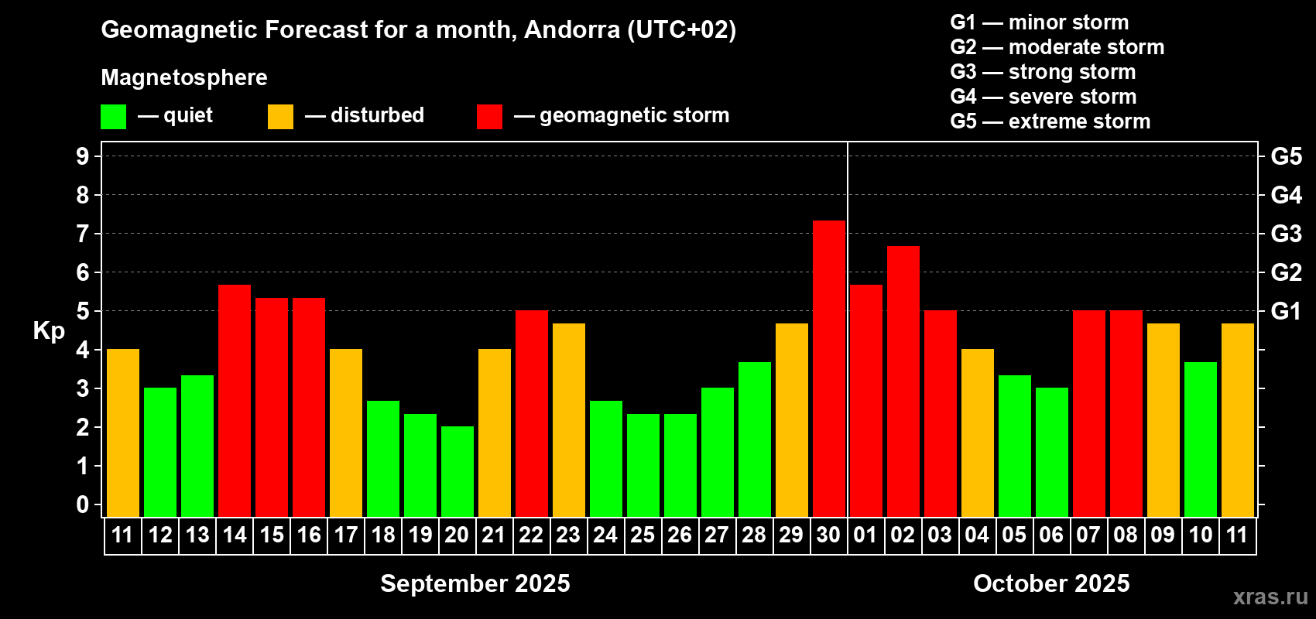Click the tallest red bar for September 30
[x=829, y=369]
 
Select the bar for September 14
[x=235, y=401]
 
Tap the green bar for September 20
[x=458, y=471]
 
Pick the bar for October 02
[x=903, y=381]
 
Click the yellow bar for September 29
[x=792, y=420]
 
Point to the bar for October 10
[x=1201, y=440]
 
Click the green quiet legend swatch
[x=113, y=116]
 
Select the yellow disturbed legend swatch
[x=281, y=116]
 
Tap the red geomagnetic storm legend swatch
[x=490, y=116]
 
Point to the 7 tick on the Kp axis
[x=82, y=234]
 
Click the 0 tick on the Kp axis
[x=82, y=504]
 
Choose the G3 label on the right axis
[x=1287, y=234]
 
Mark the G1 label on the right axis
[x=1287, y=311]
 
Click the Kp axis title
[x=49, y=331]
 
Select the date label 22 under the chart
[x=531, y=535]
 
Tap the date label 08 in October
[x=1126, y=535]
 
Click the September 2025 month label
[x=475, y=583]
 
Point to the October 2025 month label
[x=1051, y=583]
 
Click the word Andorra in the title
[x=572, y=29]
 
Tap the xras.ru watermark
[x=1270, y=597]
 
